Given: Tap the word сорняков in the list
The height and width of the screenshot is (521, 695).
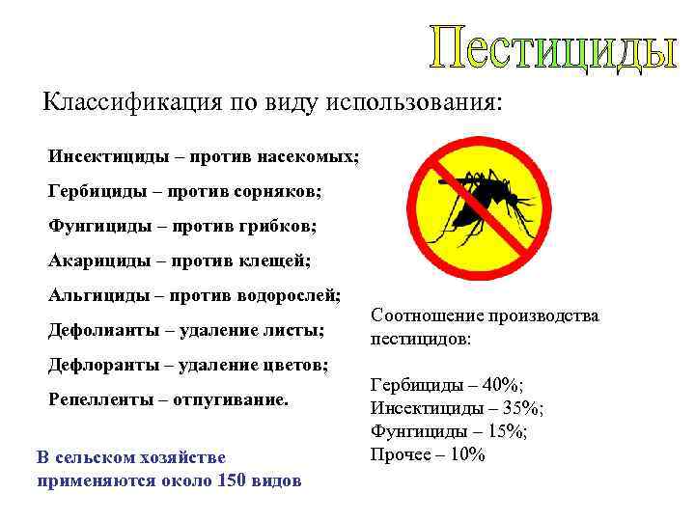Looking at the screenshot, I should pos(281,191).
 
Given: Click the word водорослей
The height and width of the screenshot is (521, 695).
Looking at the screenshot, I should pos(299,294).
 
